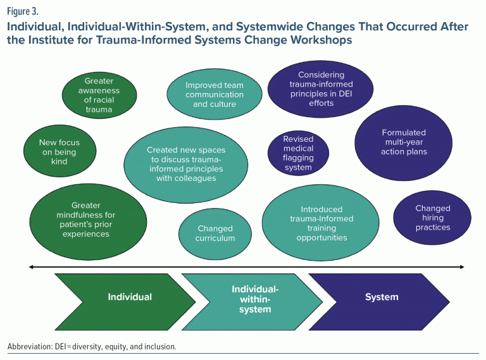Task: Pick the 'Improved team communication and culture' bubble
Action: tap(214, 95)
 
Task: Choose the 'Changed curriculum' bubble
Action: tap(215, 233)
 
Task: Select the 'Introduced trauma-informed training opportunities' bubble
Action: tap(321, 223)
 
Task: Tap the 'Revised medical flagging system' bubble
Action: tap(298, 154)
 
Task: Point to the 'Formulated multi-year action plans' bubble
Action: tap(404, 142)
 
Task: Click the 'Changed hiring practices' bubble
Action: tap(433, 218)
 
